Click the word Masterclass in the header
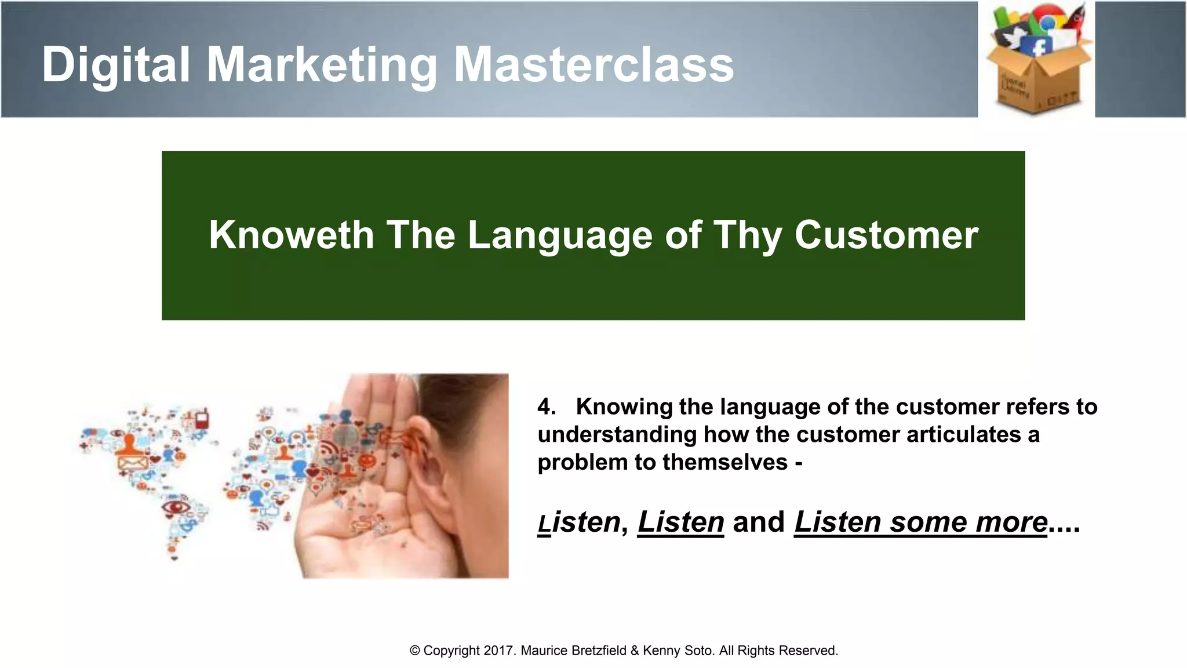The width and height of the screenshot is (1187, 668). [593, 65]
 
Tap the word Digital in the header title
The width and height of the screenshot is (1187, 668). [116, 65]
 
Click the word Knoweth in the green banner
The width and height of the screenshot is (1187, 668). [291, 235]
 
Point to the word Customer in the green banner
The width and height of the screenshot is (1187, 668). [886, 235]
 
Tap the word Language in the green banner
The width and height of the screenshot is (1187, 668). [560, 235]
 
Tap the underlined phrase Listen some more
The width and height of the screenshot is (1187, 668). [920, 522]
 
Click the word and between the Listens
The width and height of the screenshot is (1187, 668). [759, 522]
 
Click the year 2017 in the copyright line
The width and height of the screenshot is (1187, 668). [499, 651]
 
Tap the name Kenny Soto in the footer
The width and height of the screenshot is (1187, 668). [678, 651]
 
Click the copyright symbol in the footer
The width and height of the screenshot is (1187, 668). [414, 651]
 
